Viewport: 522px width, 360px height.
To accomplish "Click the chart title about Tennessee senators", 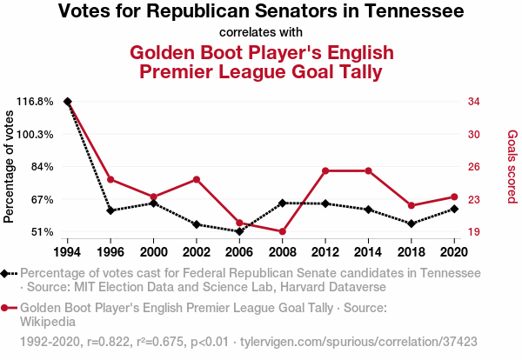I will click(x=261, y=12).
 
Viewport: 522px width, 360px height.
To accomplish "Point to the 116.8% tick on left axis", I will click(x=36, y=102).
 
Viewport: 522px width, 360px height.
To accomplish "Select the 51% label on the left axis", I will click(x=42, y=232).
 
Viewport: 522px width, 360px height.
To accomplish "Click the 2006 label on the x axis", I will click(x=239, y=252).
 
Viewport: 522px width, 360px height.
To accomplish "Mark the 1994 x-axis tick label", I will click(x=68, y=252).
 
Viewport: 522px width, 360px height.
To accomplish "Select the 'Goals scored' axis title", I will click(x=512, y=168).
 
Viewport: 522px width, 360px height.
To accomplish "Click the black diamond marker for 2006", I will click(x=239, y=231).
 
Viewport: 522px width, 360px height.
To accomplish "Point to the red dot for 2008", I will click(x=283, y=231).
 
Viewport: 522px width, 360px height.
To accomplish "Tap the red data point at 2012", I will click(x=325, y=170).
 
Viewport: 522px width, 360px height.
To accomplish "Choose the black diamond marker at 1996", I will click(x=110, y=210).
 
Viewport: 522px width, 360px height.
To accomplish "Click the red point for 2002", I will click(x=197, y=179).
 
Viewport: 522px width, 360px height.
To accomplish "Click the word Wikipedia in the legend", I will click(x=48, y=322).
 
